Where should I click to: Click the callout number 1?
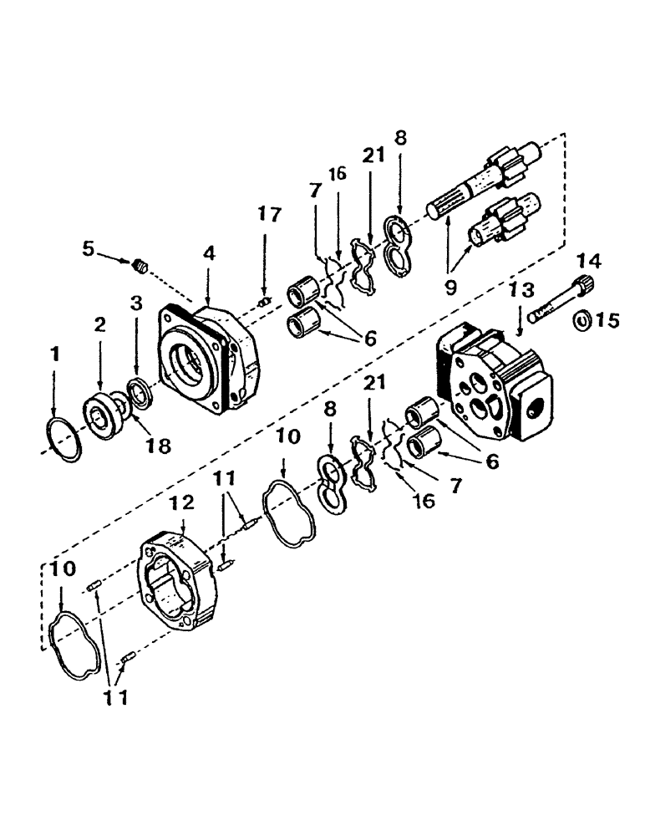click(54, 354)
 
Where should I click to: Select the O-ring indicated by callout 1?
click(63, 439)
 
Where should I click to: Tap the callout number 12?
click(182, 502)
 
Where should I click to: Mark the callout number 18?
click(158, 446)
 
